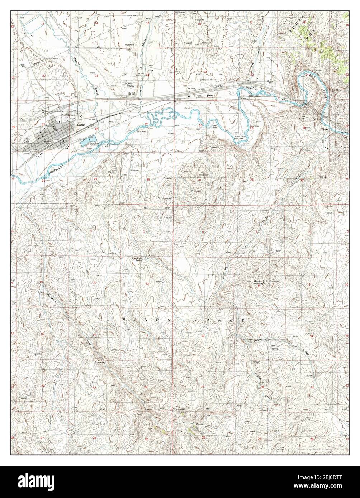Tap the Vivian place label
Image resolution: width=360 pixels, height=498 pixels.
coord(209,95)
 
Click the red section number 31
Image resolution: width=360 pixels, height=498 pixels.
coord(199,179)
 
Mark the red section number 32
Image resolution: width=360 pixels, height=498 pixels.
coord(252,179)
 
